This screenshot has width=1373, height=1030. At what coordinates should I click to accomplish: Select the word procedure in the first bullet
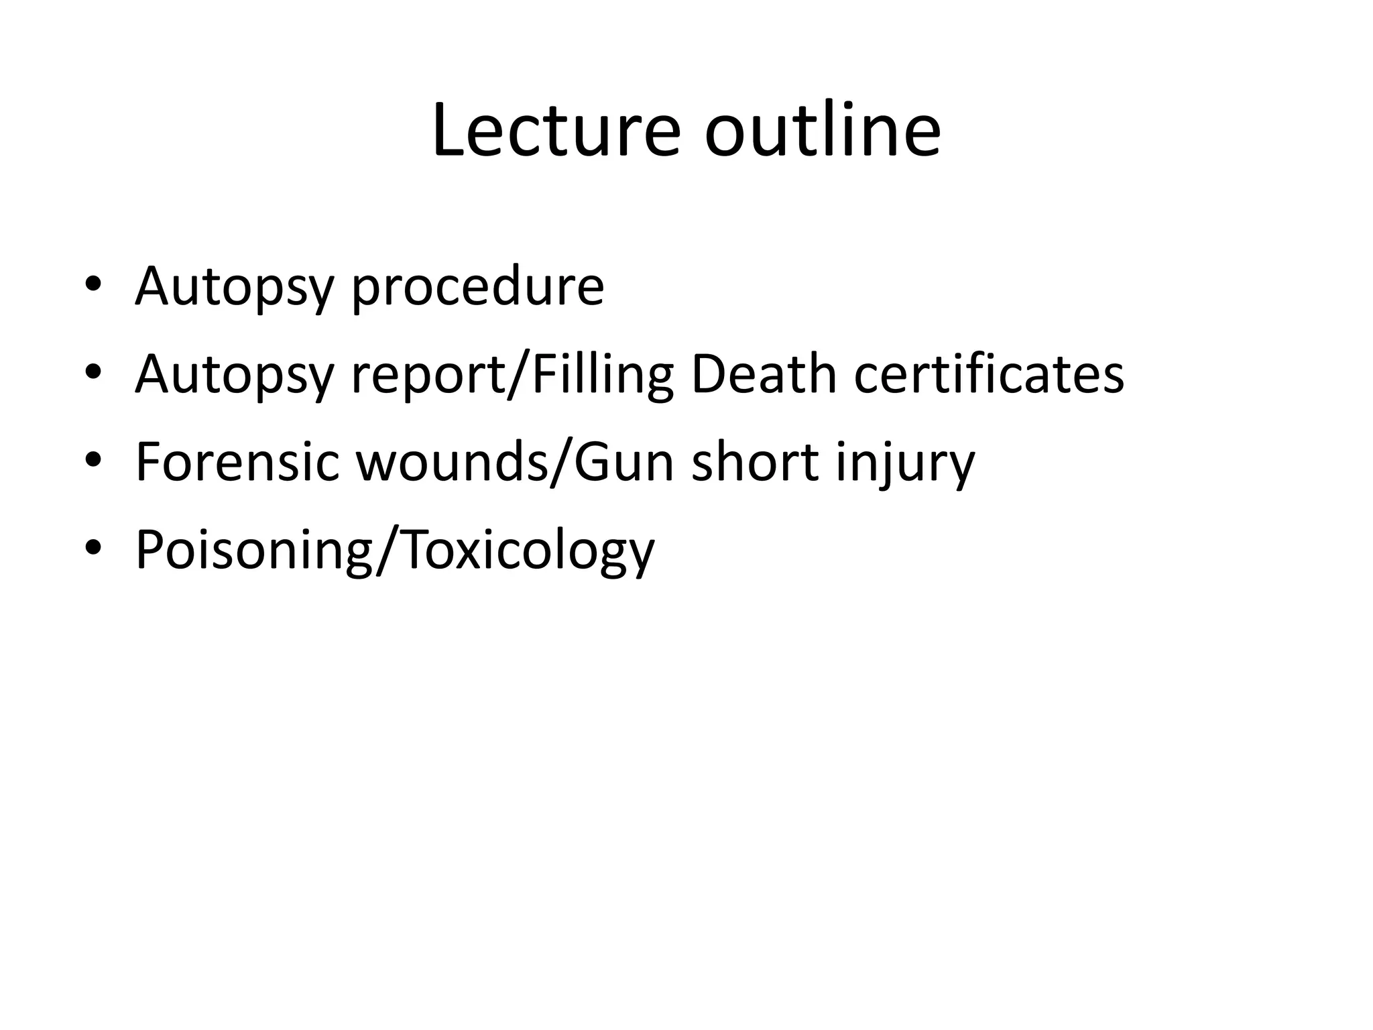pyautogui.click(x=477, y=287)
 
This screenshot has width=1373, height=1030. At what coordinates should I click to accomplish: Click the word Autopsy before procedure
pyautogui.click(x=234, y=287)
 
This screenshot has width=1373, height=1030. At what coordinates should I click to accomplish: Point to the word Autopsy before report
pyautogui.click(x=234, y=375)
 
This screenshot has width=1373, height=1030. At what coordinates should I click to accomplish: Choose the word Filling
pyautogui.click(x=602, y=375)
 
